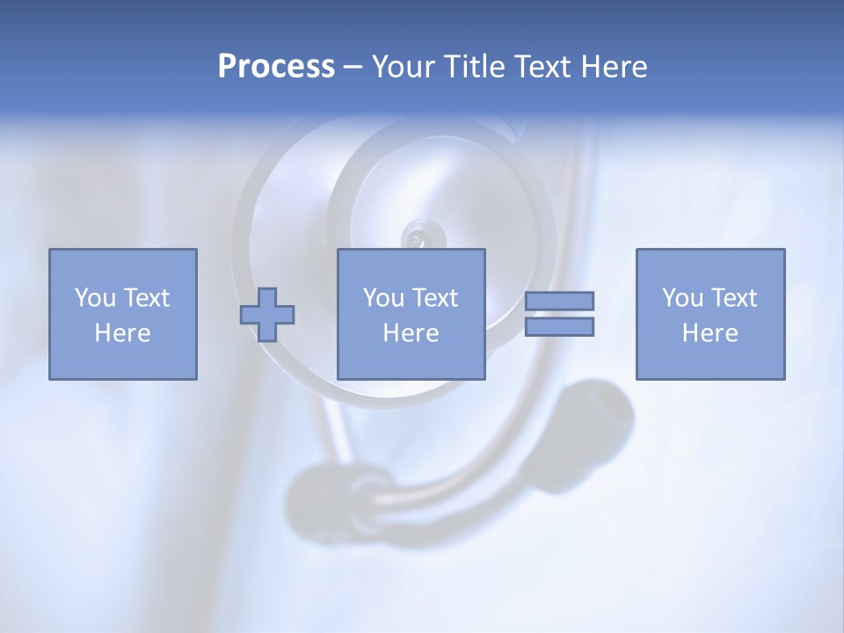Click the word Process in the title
[x=276, y=67]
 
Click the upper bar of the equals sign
[x=559, y=301]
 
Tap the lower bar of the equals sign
[x=559, y=326]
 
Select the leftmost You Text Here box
[x=122, y=314]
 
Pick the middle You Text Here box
[x=411, y=314]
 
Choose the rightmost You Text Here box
[x=709, y=314]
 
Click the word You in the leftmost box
[x=93, y=298]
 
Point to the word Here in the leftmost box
[x=122, y=333]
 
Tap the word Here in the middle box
[x=411, y=333]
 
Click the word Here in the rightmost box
[x=709, y=333]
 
